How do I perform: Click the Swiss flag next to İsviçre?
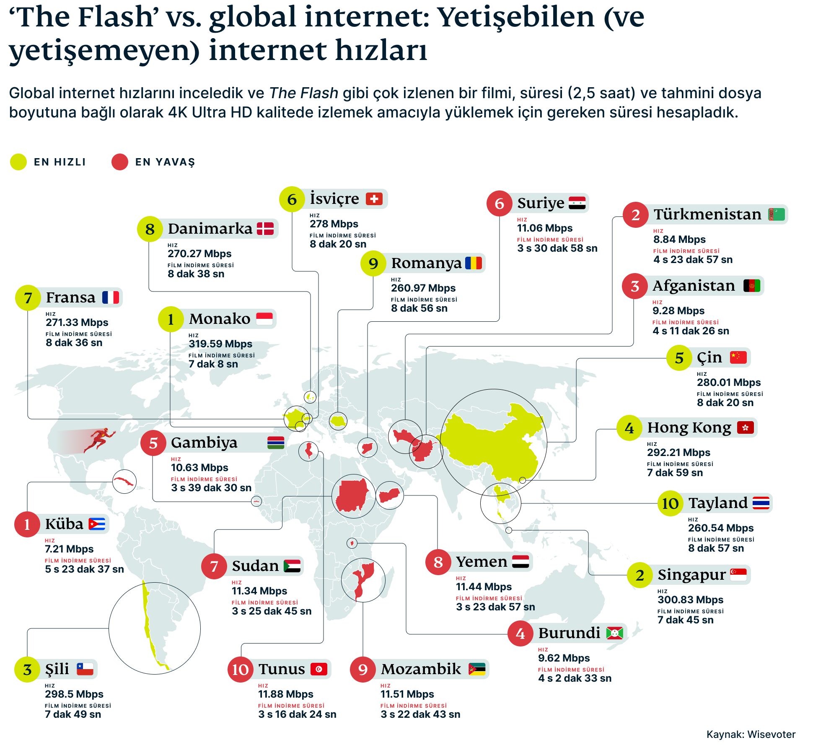pos(374,198)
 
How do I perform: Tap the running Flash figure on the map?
pos(100,439)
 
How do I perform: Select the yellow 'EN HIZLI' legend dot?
pos(18,162)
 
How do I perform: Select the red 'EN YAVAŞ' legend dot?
pos(119,162)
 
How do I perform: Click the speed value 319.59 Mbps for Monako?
pos(220,344)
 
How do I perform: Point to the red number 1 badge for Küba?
pos(27,524)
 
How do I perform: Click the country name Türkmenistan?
pos(707,214)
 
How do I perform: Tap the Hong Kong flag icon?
pos(745,427)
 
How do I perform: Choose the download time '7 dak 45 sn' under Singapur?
pos(685,620)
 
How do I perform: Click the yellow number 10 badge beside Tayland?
pos(670,503)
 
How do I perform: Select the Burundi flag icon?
pos(614,633)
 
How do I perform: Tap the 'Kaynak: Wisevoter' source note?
pos(751,734)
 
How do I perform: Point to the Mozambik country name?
pos(420,669)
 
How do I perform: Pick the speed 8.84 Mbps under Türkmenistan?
pos(679,240)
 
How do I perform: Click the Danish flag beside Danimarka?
pos(265,229)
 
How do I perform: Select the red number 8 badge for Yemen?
pos(438,562)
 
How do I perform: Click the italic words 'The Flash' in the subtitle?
pos(303,93)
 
